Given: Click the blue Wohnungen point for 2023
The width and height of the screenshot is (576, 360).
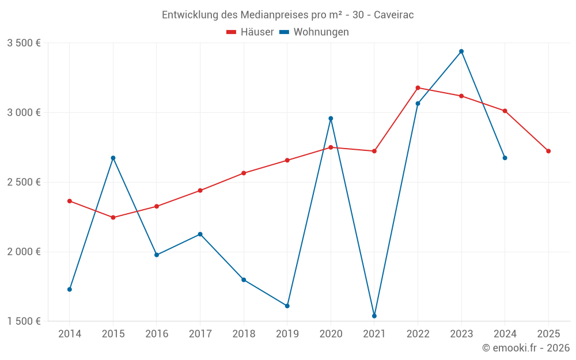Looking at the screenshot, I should pyautogui.click(x=461, y=51).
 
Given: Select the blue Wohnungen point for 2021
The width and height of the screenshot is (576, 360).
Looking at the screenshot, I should pyautogui.click(x=374, y=316).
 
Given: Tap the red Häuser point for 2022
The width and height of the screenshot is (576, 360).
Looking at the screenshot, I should pyautogui.click(x=418, y=88).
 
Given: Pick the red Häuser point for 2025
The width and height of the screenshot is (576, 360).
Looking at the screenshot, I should pyautogui.click(x=548, y=151).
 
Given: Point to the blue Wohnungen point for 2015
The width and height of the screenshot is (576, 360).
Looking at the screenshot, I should pyautogui.click(x=113, y=158).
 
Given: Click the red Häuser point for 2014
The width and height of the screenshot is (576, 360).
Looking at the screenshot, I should pyautogui.click(x=70, y=201).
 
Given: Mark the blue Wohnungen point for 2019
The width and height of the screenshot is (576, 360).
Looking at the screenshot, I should pyautogui.click(x=287, y=306).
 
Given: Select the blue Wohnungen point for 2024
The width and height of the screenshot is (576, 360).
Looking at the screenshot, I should pyautogui.click(x=505, y=158).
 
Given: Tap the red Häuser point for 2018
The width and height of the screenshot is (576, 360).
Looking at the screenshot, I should pyautogui.click(x=244, y=173).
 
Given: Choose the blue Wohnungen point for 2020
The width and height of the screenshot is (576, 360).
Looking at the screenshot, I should pyautogui.click(x=331, y=119).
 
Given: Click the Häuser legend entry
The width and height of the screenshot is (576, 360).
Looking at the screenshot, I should pyautogui.click(x=250, y=32).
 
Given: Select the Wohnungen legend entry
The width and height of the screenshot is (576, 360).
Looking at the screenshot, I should pyautogui.click(x=314, y=32).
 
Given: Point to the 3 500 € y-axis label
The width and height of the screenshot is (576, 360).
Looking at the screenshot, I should pyautogui.click(x=24, y=43).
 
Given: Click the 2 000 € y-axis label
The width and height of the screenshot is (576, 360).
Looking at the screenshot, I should pyautogui.click(x=24, y=252).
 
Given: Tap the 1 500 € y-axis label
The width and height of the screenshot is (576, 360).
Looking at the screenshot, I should pyautogui.click(x=24, y=321).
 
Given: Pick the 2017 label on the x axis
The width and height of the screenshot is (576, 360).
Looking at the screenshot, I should pyautogui.click(x=200, y=334).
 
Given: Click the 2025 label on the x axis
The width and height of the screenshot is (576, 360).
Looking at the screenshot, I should pyautogui.click(x=548, y=334).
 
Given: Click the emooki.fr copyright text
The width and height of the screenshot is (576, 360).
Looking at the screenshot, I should pyautogui.click(x=526, y=348).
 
